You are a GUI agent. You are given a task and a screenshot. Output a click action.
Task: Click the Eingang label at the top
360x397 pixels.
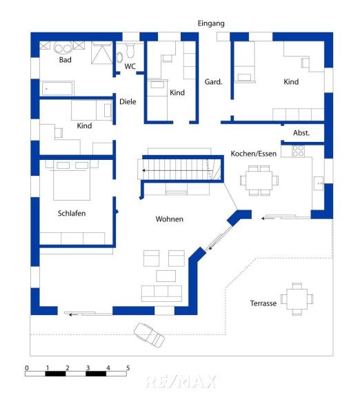211,23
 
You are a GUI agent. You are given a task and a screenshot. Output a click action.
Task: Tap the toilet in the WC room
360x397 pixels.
130,50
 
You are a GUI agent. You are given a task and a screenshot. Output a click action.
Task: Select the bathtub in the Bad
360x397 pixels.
58,88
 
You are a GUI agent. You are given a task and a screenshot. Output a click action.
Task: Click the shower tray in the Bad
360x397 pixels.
102,53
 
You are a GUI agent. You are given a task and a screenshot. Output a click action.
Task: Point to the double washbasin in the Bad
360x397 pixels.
63,48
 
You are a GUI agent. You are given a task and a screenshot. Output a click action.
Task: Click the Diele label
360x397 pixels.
128,102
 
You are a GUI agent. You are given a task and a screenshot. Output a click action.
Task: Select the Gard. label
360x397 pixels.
213,82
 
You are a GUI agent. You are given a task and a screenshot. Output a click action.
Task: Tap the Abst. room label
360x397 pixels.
301,133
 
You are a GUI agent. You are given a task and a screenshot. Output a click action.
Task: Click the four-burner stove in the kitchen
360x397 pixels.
298,151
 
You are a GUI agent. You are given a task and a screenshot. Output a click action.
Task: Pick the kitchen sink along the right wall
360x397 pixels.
319,183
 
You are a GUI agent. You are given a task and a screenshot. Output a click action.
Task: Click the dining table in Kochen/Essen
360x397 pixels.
259,181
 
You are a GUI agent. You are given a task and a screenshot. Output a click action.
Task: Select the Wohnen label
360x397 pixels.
170,219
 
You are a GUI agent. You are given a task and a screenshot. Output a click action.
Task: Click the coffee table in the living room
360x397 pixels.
166,276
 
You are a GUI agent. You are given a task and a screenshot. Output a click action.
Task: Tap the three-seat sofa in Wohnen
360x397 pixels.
161,294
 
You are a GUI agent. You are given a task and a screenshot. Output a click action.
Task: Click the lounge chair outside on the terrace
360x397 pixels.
149,335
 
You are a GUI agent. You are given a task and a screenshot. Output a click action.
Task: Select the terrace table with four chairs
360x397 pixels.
297,299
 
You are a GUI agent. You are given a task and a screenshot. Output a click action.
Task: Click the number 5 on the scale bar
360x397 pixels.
128,368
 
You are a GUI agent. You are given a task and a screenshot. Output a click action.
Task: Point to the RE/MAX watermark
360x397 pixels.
181,382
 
